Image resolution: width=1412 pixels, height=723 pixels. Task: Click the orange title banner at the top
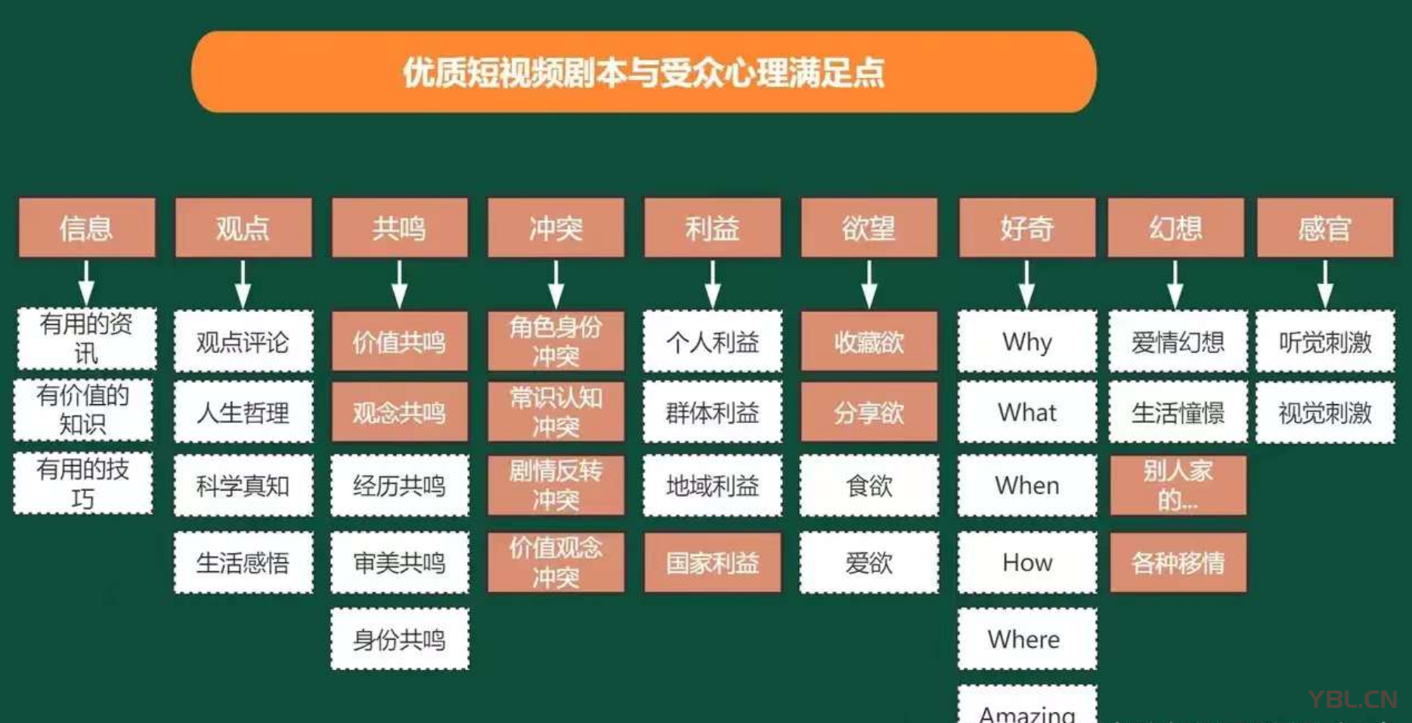[643, 73]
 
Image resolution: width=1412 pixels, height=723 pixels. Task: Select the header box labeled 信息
[86, 227]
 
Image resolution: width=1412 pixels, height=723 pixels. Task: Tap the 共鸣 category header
[399, 227]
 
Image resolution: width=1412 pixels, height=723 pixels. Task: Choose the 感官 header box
[1324, 227]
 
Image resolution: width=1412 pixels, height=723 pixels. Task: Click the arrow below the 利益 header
[713, 283]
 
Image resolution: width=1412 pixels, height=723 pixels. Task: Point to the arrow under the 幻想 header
[1175, 283]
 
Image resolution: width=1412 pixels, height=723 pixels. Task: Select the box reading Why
[1026, 341]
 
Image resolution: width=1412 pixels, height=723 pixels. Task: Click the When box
[1026, 485]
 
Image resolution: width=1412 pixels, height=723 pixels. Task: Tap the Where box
[1026, 639]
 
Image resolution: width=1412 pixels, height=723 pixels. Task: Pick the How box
[1026, 562]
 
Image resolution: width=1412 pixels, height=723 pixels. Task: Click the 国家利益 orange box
[712, 563]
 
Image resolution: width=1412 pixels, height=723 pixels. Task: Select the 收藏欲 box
[869, 341]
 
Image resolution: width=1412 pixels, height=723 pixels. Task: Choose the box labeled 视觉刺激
[1324, 412]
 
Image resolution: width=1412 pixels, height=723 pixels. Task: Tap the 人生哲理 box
[243, 412]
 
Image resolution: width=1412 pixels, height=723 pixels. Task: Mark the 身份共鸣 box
[399, 639]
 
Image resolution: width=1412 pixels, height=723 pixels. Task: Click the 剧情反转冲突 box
[556, 485]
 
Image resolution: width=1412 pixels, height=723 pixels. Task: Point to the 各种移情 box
[1177, 563]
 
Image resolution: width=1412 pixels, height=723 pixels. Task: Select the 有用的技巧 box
[83, 484]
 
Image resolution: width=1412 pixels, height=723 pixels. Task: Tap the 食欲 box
[869, 485]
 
